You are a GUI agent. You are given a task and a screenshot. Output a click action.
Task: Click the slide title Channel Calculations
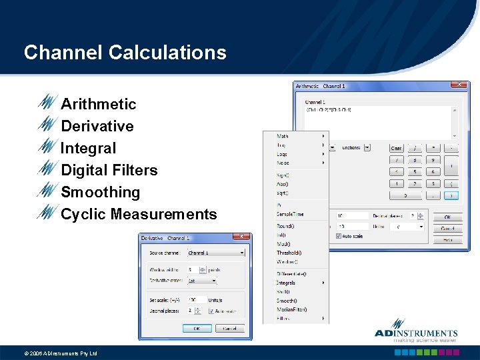point(125,52)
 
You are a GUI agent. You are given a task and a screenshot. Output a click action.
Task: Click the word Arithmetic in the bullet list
point(98,104)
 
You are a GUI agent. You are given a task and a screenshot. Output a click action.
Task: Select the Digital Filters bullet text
point(109,170)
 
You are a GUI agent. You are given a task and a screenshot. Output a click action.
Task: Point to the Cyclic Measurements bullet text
point(139,214)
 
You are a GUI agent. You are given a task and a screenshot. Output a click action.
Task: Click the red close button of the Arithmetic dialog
point(459,85)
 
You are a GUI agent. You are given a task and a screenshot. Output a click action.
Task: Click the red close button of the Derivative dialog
point(241,237)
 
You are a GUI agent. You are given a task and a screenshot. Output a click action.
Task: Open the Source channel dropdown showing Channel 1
point(216,253)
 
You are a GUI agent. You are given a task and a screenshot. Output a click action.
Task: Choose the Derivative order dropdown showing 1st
point(202,281)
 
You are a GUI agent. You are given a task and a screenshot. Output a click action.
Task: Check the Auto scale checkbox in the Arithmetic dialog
point(339,235)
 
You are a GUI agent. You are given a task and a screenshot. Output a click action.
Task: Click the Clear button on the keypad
point(396,148)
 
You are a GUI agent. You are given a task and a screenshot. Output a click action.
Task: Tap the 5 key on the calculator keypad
point(415,171)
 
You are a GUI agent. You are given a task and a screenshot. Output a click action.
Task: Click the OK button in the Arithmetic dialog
point(447,217)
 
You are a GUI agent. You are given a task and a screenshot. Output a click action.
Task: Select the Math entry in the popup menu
point(283,136)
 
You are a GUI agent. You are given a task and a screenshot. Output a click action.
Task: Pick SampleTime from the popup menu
point(290,214)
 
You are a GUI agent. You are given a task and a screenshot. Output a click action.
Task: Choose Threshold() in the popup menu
point(289,253)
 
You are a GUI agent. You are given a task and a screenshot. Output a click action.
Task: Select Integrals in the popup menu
point(286,283)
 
